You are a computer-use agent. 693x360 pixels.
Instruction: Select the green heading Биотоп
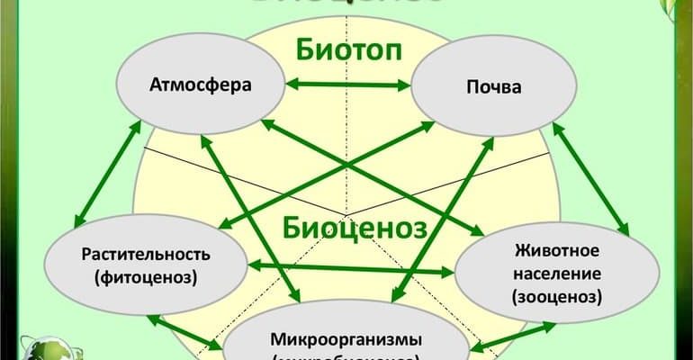[347, 50]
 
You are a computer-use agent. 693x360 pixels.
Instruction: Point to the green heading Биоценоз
[354, 227]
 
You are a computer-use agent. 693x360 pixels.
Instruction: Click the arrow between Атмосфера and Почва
[346, 85]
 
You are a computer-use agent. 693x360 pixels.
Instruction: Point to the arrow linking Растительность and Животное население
[351, 267]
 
